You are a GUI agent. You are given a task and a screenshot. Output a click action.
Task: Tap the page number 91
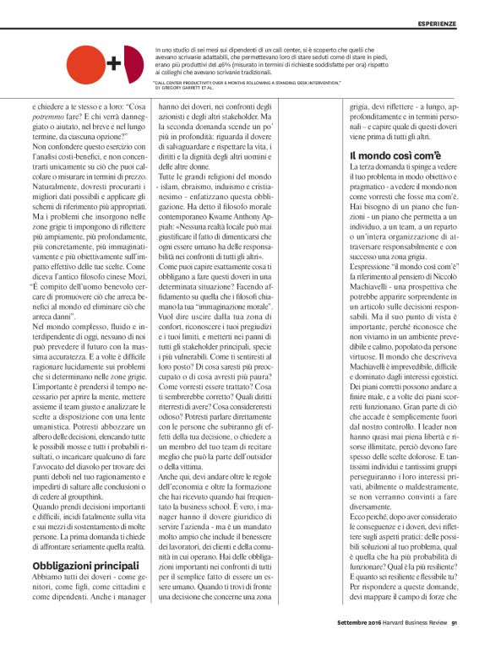(x=455, y=624)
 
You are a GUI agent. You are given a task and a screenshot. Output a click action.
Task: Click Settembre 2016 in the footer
(x=352, y=624)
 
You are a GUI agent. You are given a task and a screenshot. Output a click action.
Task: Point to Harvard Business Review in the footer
(x=411, y=624)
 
